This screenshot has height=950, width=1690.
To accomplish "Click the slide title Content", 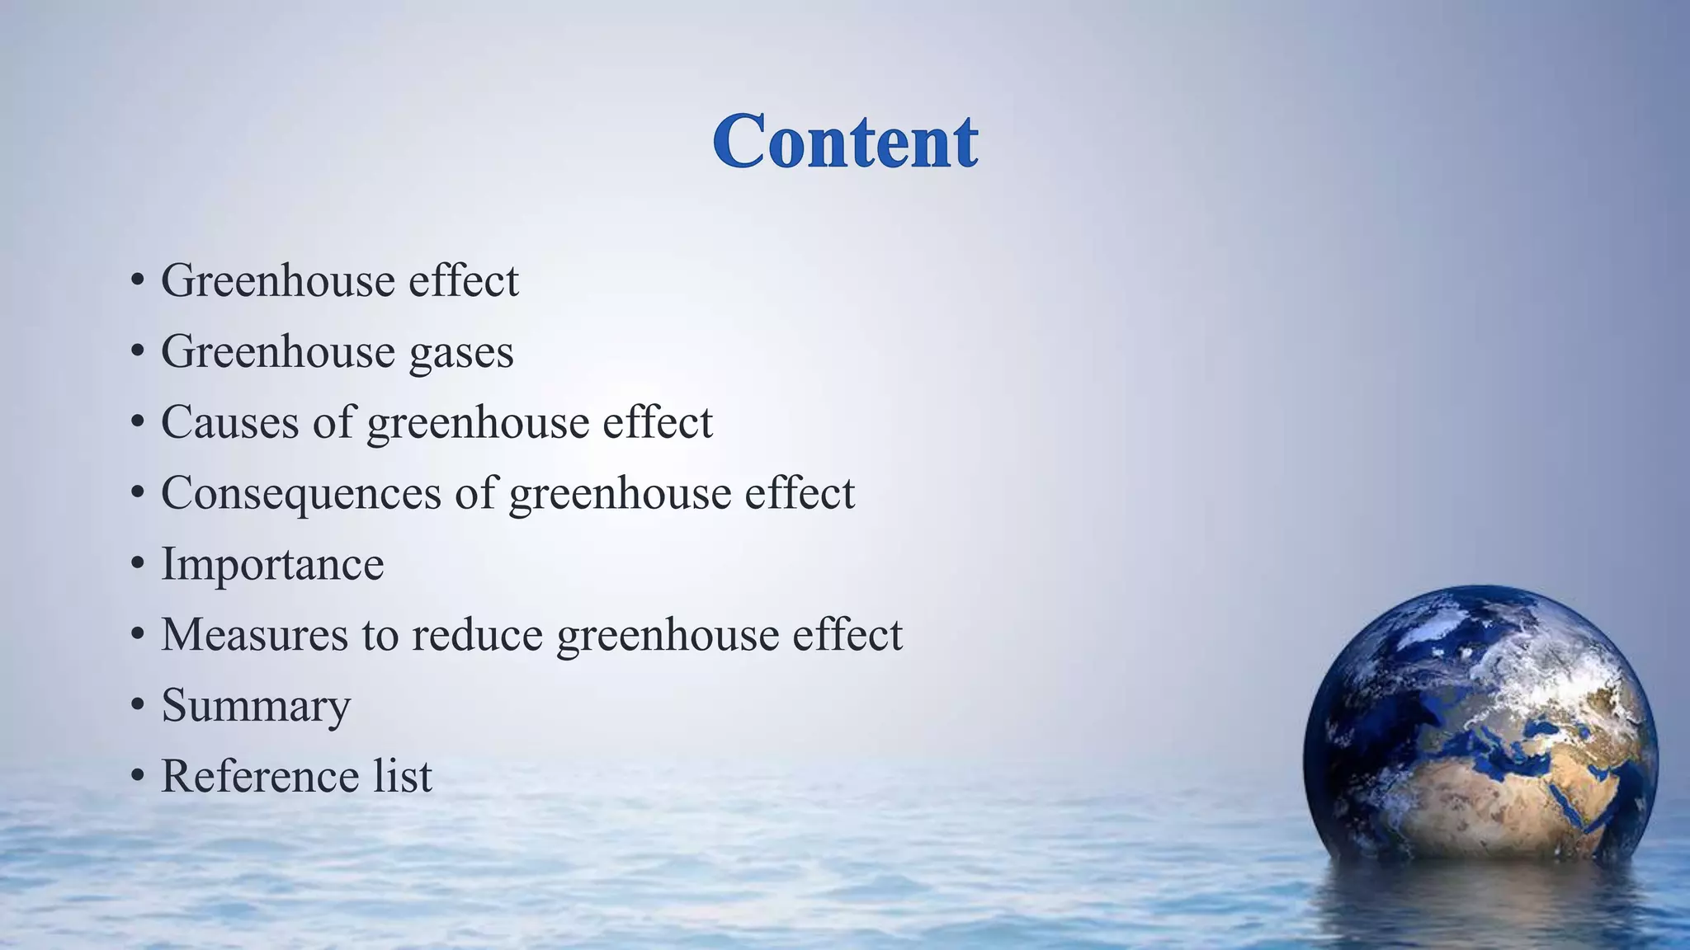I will click(846, 142).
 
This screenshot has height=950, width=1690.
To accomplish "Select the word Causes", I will click(229, 422).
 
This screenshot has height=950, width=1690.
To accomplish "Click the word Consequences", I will click(301, 493).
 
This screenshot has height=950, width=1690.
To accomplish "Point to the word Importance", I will click(272, 564).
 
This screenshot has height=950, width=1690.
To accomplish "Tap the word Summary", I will click(256, 708).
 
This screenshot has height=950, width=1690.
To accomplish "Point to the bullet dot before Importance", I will click(138, 566).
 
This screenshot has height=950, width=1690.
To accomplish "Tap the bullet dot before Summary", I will click(138, 707).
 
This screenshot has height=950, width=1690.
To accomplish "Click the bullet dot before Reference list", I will click(138, 778).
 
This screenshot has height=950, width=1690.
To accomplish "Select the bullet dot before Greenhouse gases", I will click(138, 353).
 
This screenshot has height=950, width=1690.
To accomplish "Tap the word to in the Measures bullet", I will click(380, 635).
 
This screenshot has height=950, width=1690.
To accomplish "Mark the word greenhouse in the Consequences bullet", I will click(620, 493).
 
